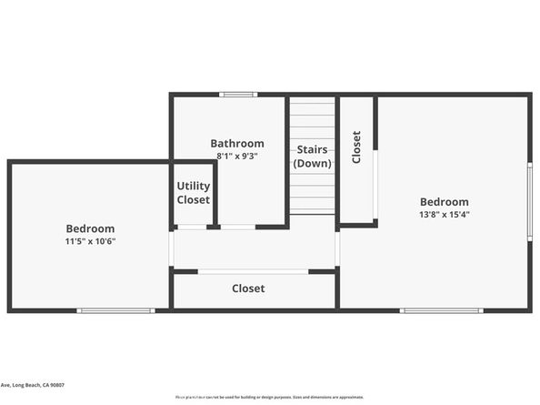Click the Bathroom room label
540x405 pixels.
237,143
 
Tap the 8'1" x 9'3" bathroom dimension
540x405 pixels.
237,156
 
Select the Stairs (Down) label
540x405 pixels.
312,156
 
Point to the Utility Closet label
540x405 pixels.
193,193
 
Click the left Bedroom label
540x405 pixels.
90,228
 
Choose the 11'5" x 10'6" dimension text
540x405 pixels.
90,241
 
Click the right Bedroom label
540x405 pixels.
444,202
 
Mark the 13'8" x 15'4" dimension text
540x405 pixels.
444,215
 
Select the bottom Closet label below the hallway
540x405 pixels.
248,289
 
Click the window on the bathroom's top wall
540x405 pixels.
238,94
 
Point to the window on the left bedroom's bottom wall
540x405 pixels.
115,311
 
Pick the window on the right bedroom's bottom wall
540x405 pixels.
441,311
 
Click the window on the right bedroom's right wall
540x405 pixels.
530,201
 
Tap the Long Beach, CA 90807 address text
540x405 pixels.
33,385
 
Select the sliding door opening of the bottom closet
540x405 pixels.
253,271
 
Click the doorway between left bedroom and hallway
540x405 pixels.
171,248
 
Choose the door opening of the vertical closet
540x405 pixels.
375,186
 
